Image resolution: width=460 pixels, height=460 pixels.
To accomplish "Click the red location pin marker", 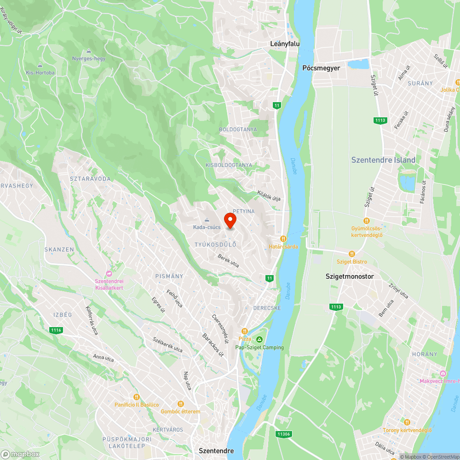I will pos(230,220).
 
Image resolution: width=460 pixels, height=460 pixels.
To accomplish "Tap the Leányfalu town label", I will pos(285,44).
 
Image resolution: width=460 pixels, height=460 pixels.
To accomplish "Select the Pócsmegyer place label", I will pos(321,68).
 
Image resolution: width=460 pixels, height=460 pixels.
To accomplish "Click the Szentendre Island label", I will pos(383,160).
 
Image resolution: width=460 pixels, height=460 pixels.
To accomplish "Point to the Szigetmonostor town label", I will pos(350,276).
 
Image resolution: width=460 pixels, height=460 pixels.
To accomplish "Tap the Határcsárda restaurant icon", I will pos(283,238).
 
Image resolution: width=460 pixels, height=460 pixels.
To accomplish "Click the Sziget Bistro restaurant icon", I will pos(352,253).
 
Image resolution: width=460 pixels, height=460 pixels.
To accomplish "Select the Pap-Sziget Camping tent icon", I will pos(259,339).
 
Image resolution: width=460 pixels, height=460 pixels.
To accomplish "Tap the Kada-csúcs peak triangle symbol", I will pos(207,219).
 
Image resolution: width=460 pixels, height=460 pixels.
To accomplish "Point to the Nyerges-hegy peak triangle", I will pos(88,51).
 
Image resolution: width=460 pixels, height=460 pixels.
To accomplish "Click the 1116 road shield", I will pos(56,330).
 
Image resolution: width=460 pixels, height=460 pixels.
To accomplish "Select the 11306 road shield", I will pos(284,434).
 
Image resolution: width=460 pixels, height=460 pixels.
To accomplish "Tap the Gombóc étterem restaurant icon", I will pos(181,403).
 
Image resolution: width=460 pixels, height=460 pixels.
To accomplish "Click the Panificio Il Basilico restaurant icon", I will pos(136,397).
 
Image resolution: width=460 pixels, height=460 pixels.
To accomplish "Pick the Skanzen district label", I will pos(59,249).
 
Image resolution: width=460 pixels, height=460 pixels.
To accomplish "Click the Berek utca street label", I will pos(229,261).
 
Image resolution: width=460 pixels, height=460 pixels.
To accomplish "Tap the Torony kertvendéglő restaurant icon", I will pos(407,422).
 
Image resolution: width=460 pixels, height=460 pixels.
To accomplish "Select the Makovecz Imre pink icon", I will pos(443,373).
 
